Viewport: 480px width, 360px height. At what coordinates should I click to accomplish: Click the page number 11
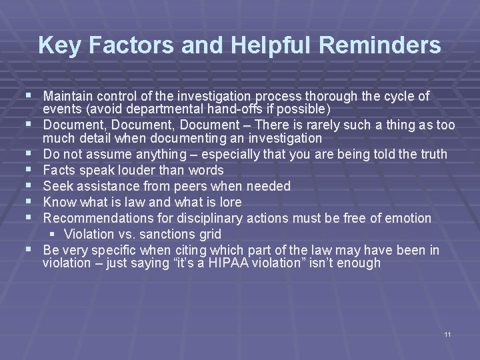[x=447, y=333]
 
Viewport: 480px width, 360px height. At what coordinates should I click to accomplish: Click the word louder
[x=141, y=170]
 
